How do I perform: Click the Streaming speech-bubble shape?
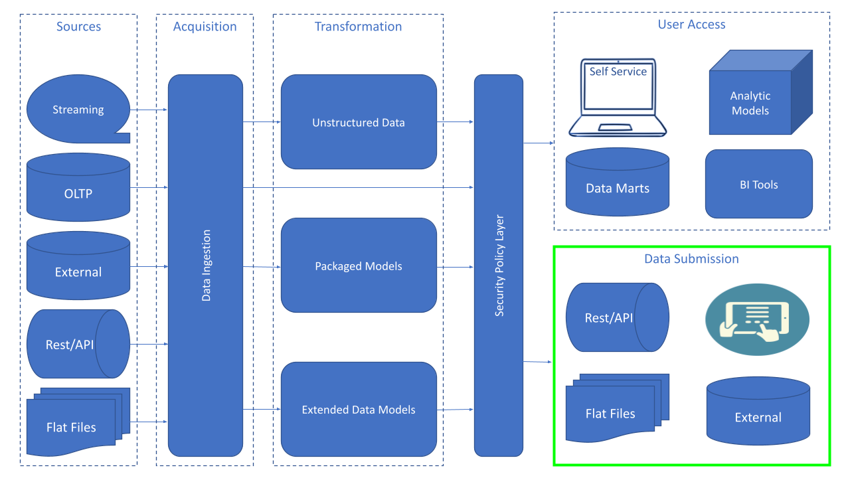pyautogui.click(x=78, y=109)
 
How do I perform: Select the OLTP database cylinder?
pyautogui.click(x=78, y=187)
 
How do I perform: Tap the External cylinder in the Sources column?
pyautogui.click(x=78, y=266)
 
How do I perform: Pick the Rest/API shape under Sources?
pyautogui.click(x=78, y=344)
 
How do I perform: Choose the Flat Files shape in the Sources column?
pyautogui.click(x=78, y=422)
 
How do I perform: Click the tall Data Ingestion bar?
pyautogui.click(x=205, y=266)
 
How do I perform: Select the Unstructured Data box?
pyautogui.click(x=359, y=121)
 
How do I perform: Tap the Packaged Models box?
pyautogui.click(x=359, y=265)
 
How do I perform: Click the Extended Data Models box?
pyautogui.click(x=359, y=410)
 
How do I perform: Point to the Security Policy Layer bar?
pyautogui.click(x=499, y=266)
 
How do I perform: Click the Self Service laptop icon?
pyautogui.click(x=618, y=98)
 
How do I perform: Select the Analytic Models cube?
pyautogui.click(x=761, y=92)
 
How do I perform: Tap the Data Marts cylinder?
pyautogui.click(x=618, y=182)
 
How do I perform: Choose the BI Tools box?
pyautogui.click(x=759, y=184)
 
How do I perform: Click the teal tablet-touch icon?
pyautogui.click(x=758, y=319)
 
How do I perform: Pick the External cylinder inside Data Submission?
pyautogui.click(x=758, y=411)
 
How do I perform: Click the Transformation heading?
pyautogui.click(x=358, y=27)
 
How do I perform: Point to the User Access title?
pyautogui.click(x=691, y=25)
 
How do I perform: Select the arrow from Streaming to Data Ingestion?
pyautogui.click(x=149, y=110)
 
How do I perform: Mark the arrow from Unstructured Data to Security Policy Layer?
pyautogui.click(x=456, y=121)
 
